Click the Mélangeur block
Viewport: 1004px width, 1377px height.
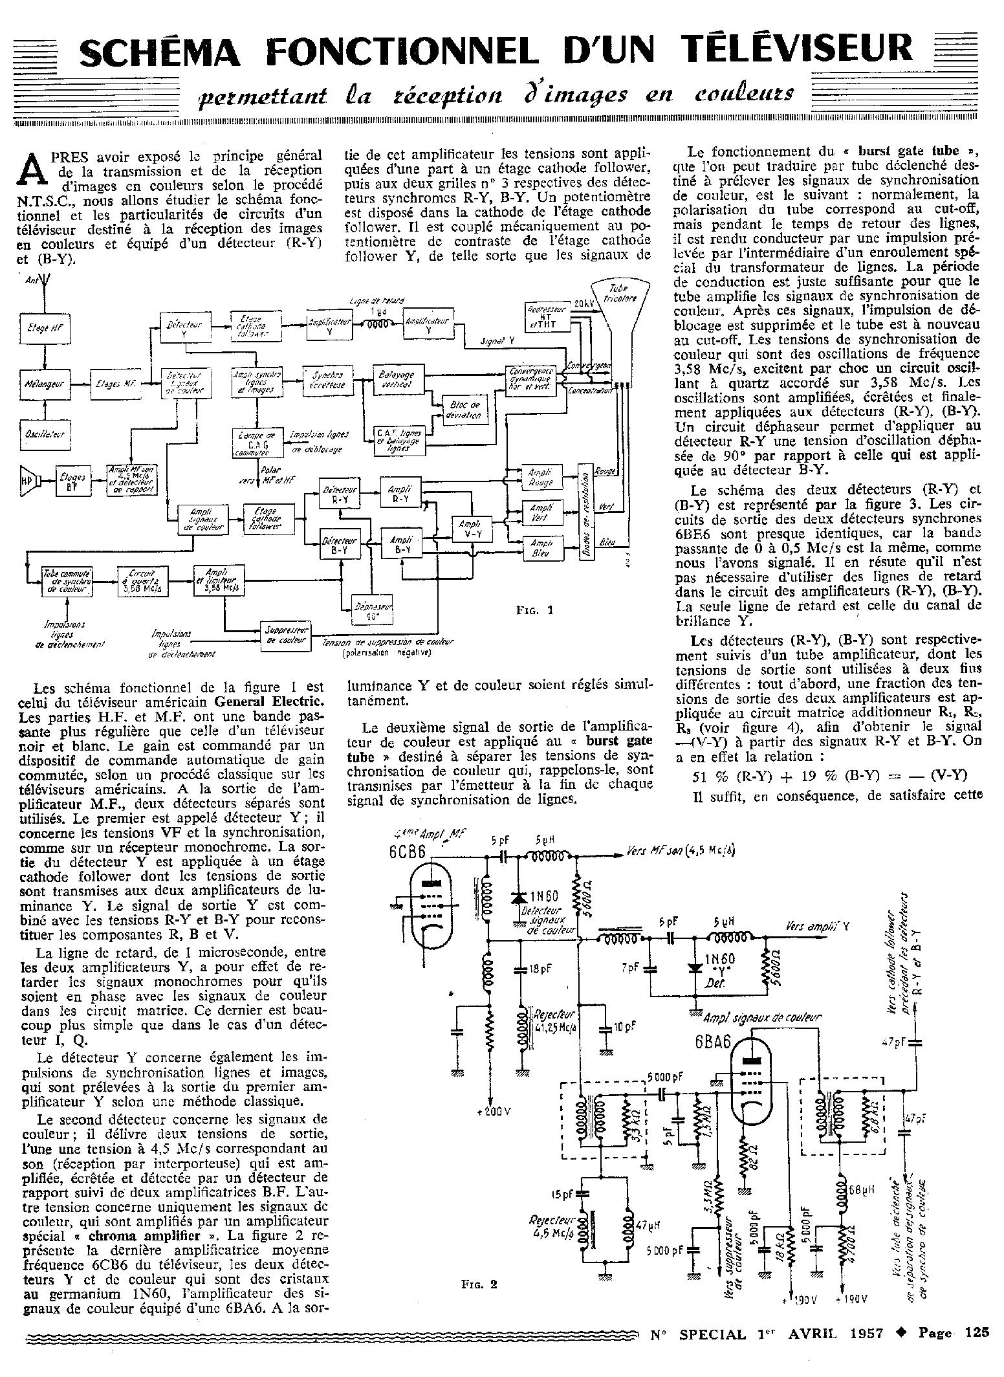click(44, 384)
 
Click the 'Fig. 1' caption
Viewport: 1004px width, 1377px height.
click(535, 610)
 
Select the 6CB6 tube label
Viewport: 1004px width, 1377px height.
click(408, 852)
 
